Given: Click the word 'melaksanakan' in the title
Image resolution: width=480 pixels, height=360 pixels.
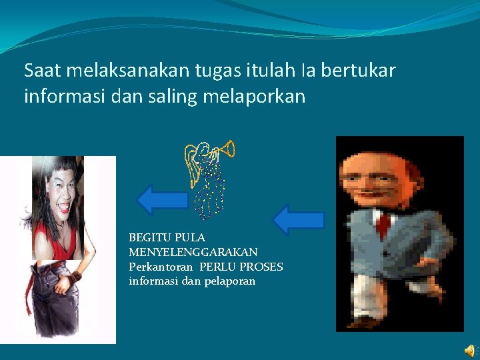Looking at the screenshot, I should [x=116, y=70].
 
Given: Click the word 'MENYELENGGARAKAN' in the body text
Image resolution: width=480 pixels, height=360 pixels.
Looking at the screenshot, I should [x=193, y=252].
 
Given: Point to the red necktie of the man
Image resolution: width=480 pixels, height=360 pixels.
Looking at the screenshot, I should [x=383, y=224].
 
